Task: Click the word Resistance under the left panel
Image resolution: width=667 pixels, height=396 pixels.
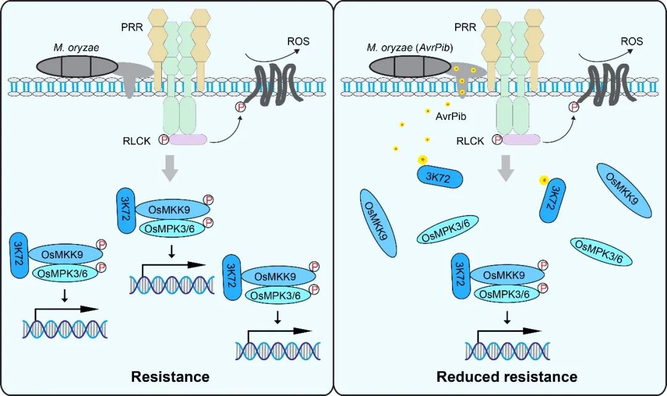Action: tap(169, 376)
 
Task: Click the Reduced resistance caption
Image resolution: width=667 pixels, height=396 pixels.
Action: tap(506, 376)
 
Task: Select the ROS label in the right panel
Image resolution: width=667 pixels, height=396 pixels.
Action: tap(631, 42)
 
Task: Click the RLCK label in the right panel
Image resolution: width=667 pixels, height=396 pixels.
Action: tap(471, 140)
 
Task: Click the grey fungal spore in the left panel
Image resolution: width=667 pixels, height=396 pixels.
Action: tap(77, 67)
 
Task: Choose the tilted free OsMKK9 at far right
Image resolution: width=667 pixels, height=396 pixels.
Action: tap(624, 190)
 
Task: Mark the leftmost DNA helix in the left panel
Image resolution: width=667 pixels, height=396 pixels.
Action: tap(65, 329)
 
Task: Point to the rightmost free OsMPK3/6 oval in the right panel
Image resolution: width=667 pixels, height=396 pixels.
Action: tap(598, 251)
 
